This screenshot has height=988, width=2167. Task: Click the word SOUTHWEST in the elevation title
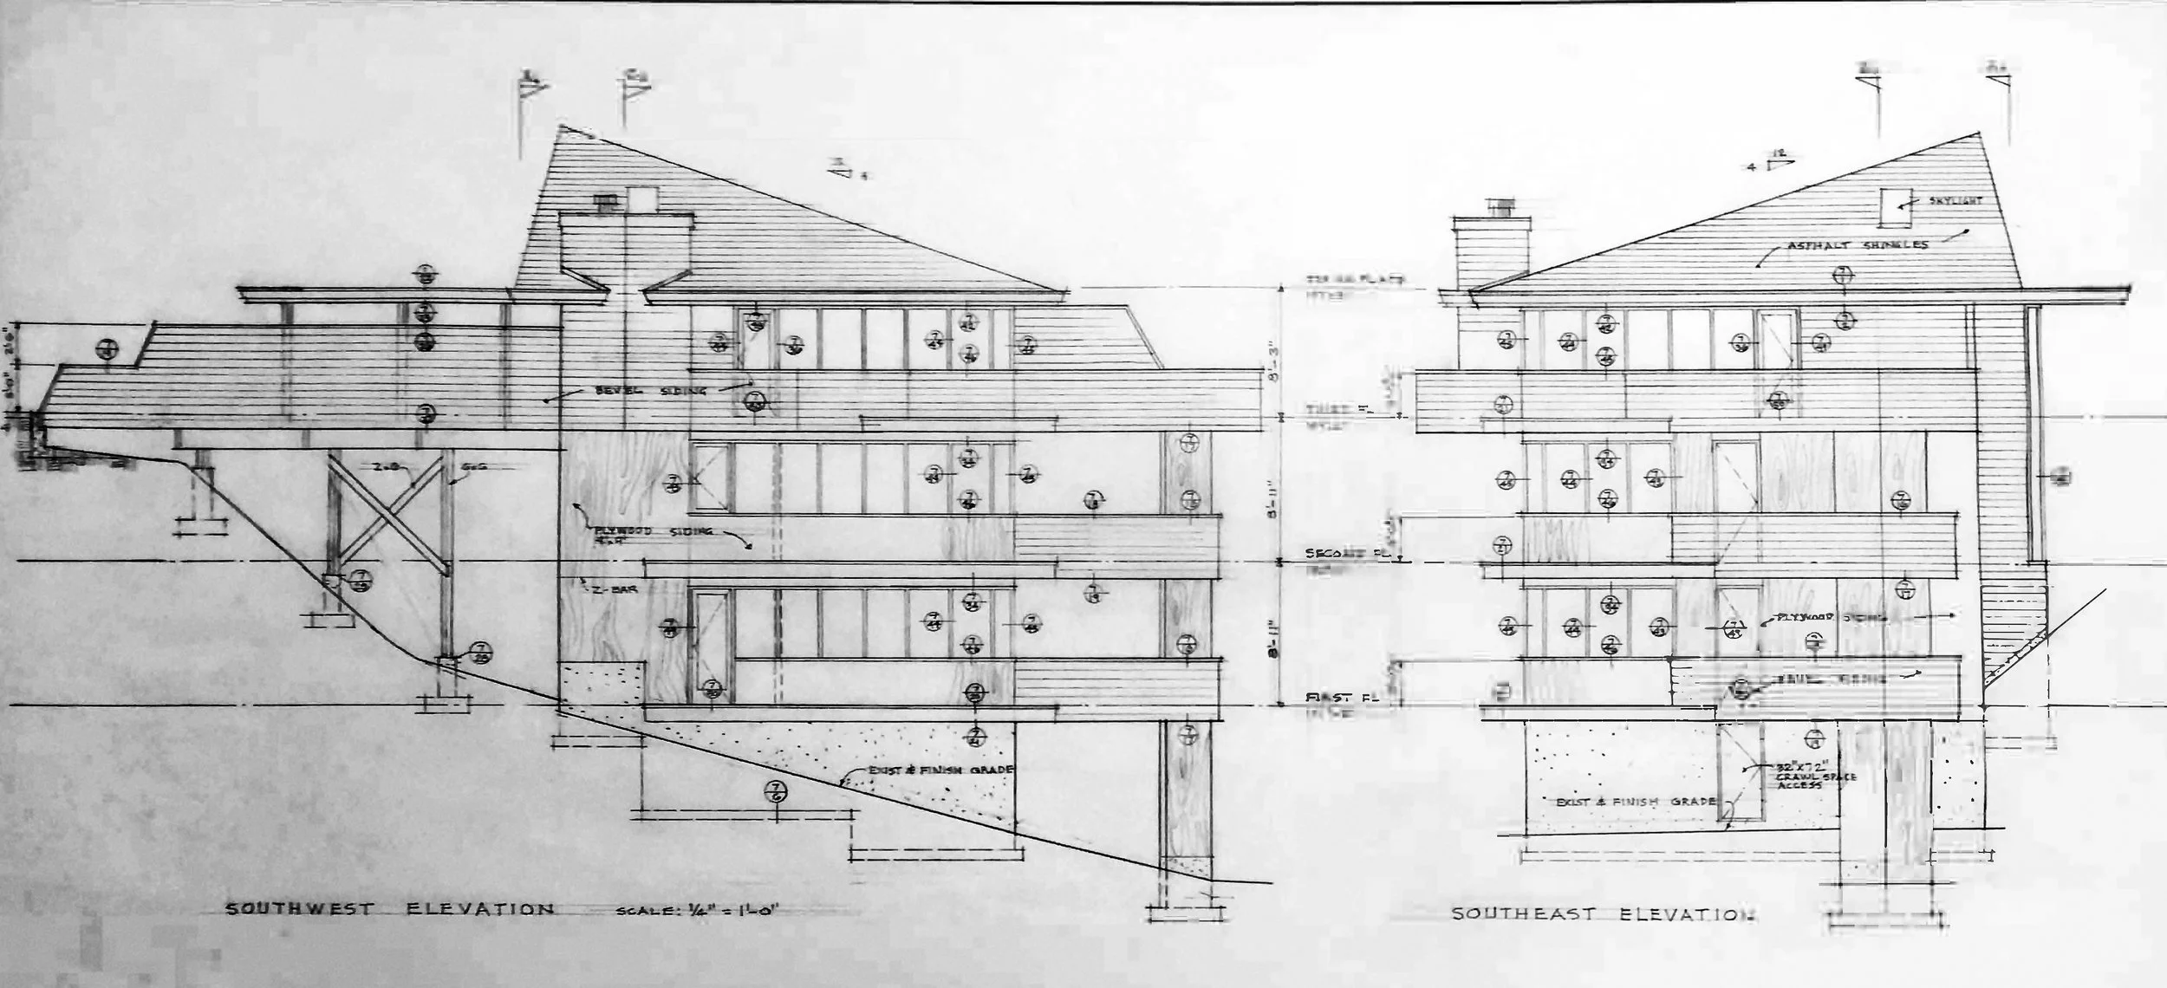coord(299,910)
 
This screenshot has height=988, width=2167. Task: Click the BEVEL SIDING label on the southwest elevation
coord(650,391)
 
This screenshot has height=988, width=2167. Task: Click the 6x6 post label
coord(473,466)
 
